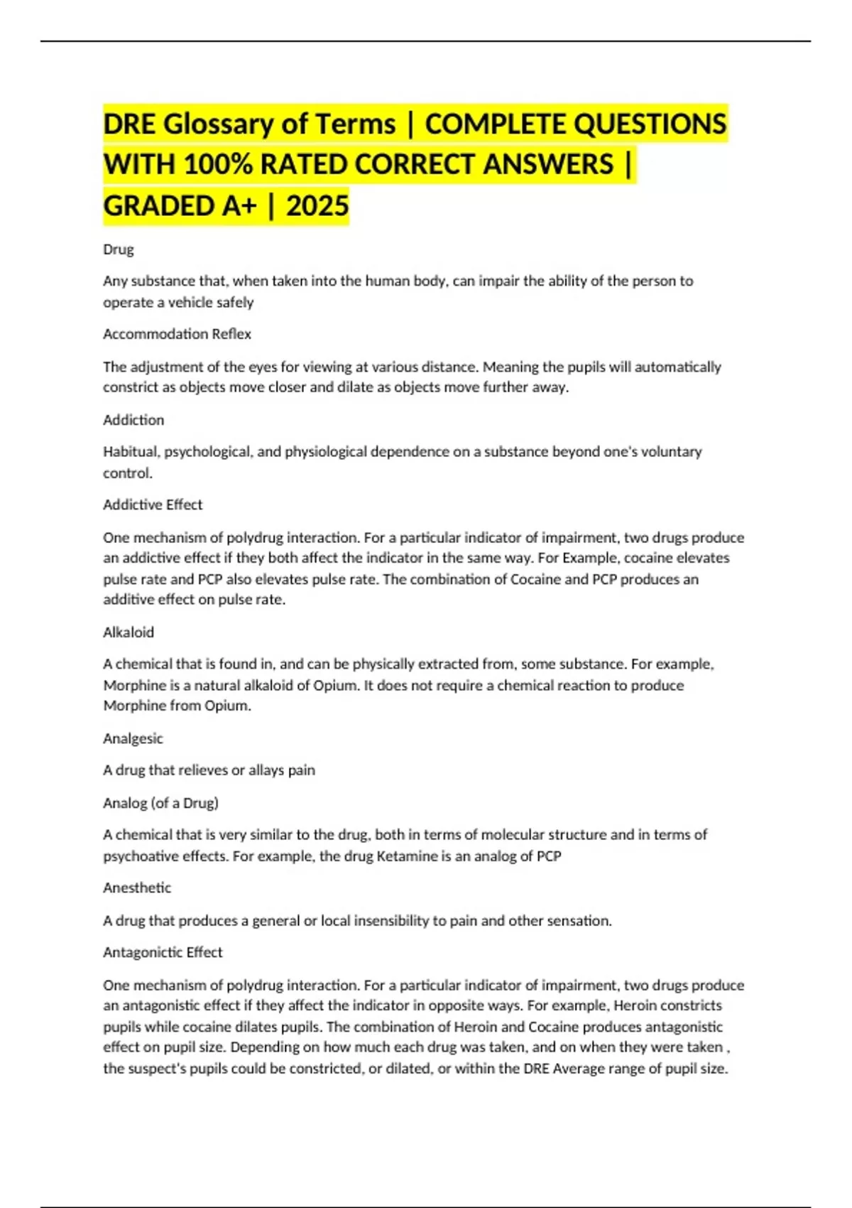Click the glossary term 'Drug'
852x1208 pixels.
click(119, 249)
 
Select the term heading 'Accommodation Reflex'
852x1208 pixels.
click(177, 334)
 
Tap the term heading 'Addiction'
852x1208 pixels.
click(133, 420)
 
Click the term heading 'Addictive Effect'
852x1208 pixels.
click(153, 505)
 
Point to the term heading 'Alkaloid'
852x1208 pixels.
click(129, 632)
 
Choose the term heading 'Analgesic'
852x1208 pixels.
click(133, 738)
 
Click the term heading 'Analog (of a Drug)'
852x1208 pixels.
click(160, 803)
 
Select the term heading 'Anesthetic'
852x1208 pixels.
click(137, 888)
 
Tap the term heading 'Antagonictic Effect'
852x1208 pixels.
click(163, 952)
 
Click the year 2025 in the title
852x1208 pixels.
click(317, 206)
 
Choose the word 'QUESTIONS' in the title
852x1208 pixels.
click(650, 124)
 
